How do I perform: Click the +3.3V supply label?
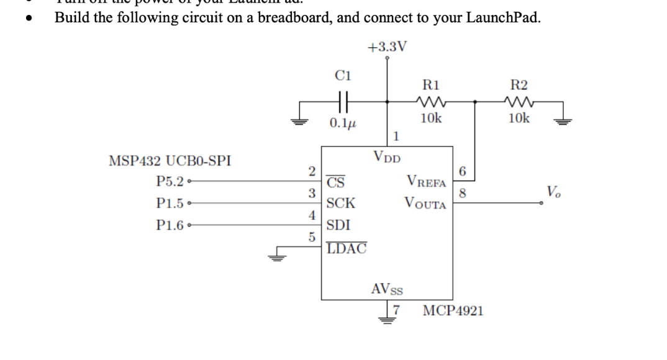coord(387,47)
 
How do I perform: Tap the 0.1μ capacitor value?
coord(343,122)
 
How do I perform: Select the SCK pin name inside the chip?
coord(341,203)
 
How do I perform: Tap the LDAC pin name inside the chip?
coord(346,248)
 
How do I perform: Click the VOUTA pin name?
coord(425,204)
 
